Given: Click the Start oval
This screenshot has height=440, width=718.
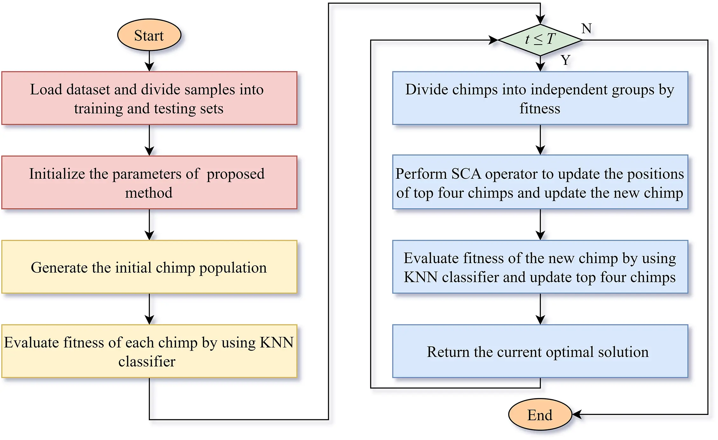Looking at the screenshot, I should [x=149, y=35].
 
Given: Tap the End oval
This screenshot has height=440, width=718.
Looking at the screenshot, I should [x=540, y=415].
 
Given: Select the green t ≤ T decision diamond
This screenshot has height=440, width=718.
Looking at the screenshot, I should [x=540, y=40].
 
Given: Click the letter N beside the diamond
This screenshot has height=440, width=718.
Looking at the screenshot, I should [x=586, y=29].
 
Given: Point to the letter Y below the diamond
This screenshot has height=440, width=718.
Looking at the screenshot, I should [x=565, y=60].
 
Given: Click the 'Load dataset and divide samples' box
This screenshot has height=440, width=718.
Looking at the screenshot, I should [x=149, y=98].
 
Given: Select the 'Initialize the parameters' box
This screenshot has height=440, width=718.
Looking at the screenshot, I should [x=149, y=182].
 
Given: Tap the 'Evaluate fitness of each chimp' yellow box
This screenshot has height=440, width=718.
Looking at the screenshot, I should [x=149, y=351].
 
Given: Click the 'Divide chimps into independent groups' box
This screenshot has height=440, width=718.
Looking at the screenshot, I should [x=540, y=98].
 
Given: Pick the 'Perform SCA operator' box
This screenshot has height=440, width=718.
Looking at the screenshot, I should [x=540, y=182].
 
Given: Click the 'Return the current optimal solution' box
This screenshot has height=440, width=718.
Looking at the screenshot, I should [x=540, y=351].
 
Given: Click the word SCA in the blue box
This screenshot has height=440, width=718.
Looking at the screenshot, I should [x=466, y=174].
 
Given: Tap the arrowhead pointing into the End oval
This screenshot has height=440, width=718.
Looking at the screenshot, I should [x=577, y=414].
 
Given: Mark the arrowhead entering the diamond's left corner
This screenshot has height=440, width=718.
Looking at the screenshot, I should [x=494, y=40].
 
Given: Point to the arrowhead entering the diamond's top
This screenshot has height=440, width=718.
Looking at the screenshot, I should [x=540, y=20].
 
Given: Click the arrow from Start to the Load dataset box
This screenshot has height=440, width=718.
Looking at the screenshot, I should [x=149, y=61].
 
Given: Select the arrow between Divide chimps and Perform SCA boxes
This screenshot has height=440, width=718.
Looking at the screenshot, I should [x=540, y=140].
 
